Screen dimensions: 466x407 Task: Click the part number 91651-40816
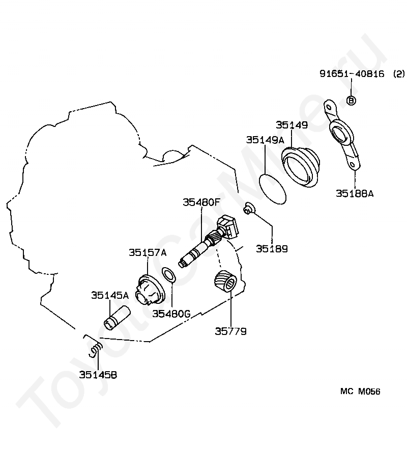[352, 73]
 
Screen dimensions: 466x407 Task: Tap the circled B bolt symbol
[351, 100]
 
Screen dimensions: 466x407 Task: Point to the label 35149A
[265, 140]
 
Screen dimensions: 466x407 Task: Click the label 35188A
[355, 193]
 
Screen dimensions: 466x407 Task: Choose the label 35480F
[201, 202]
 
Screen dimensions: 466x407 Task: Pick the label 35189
[272, 249]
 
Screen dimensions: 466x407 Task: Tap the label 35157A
[148, 252]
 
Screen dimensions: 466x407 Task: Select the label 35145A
[110, 295]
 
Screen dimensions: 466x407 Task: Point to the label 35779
[230, 331]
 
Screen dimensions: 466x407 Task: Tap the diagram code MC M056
[360, 392]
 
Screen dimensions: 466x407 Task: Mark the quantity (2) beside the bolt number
[398, 73]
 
